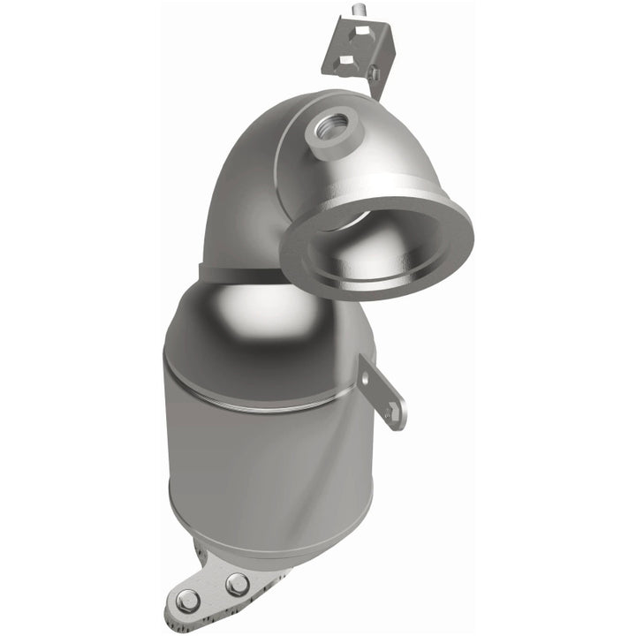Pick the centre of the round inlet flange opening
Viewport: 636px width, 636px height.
click(x=376, y=246)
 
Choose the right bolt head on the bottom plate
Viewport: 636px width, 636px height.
click(x=237, y=584)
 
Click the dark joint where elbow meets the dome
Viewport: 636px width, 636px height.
click(x=238, y=270)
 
